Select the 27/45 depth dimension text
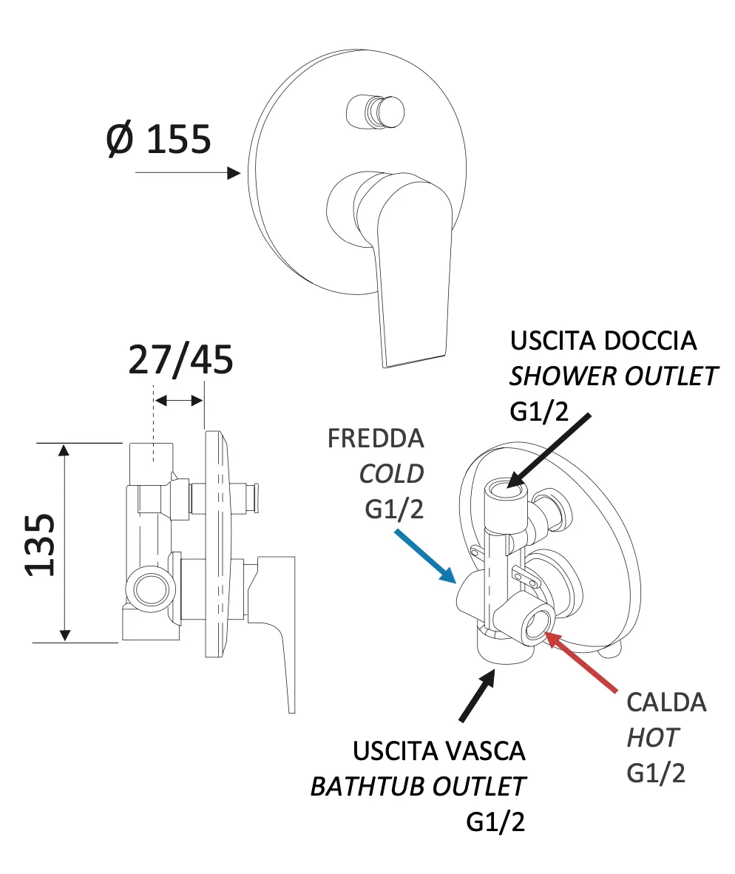click(180, 360)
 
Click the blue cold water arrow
click(424, 554)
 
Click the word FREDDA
click(376, 438)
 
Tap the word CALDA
click(666, 702)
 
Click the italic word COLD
click(391, 474)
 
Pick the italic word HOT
click(653, 737)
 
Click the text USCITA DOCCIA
click(603, 341)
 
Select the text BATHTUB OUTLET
click(418, 786)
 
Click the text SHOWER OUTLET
click(613, 376)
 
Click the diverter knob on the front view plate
click(376, 112)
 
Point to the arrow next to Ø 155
click(189, 173)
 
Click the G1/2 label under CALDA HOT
click(656, 773)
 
